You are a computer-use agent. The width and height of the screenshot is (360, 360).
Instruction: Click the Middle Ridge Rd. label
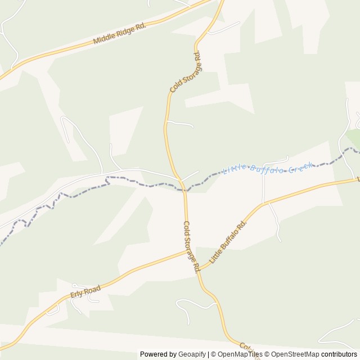point(119,34)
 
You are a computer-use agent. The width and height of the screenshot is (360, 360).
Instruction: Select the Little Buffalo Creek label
point(267,168)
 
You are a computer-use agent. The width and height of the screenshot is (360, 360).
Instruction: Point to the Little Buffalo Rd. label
point(228,242)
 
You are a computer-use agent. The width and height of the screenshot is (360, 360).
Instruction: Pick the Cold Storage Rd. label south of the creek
point(192,246)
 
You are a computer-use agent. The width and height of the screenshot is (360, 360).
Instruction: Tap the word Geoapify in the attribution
point(192,354)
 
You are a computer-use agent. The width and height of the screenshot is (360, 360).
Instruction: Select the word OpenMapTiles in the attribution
point(240,354)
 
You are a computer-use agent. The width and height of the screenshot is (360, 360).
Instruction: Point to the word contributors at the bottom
point(339,354)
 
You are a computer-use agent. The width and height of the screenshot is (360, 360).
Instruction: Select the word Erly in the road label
point(78,295)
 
